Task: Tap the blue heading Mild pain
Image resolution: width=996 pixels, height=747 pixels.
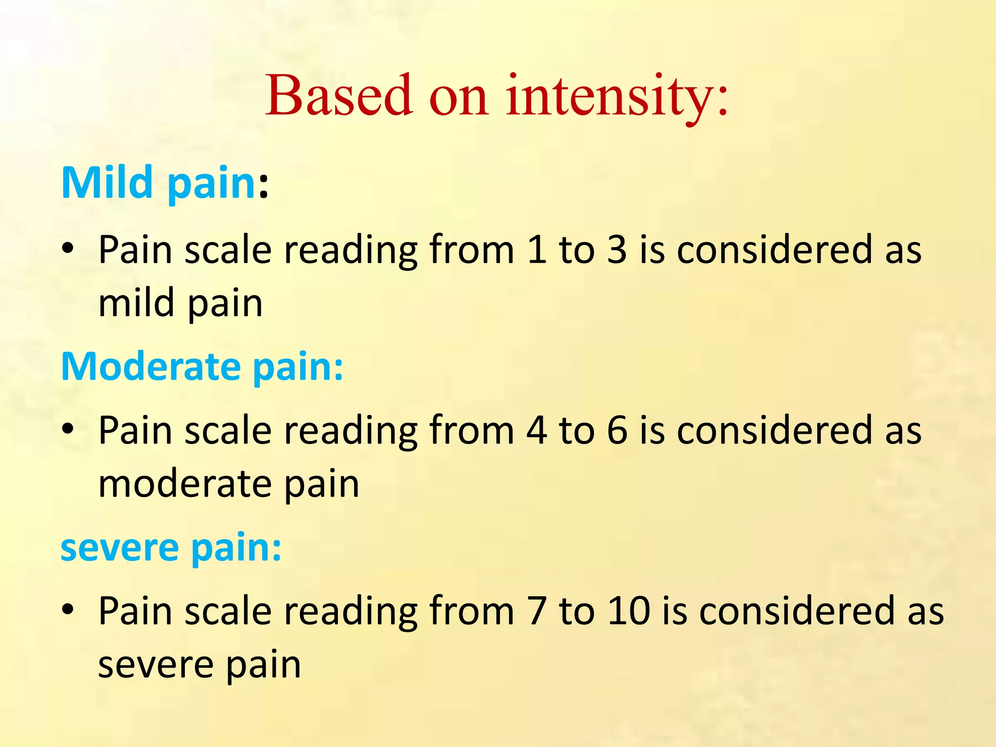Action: [x=159, y=183]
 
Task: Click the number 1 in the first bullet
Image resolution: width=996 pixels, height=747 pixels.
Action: [x=536, y=250]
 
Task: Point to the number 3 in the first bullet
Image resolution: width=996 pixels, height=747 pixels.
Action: [x=617, y=250]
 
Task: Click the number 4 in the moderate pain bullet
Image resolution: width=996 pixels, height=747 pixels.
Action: [x=536, y=430]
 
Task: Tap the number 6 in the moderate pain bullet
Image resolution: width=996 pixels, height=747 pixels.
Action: [x=617, y=430]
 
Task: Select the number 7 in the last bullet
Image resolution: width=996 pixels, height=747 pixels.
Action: [x=536, y=611]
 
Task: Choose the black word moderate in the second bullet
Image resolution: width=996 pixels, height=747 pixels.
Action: [x=185, y=484]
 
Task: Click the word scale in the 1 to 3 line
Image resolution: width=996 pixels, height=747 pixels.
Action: [x=228, y=250]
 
